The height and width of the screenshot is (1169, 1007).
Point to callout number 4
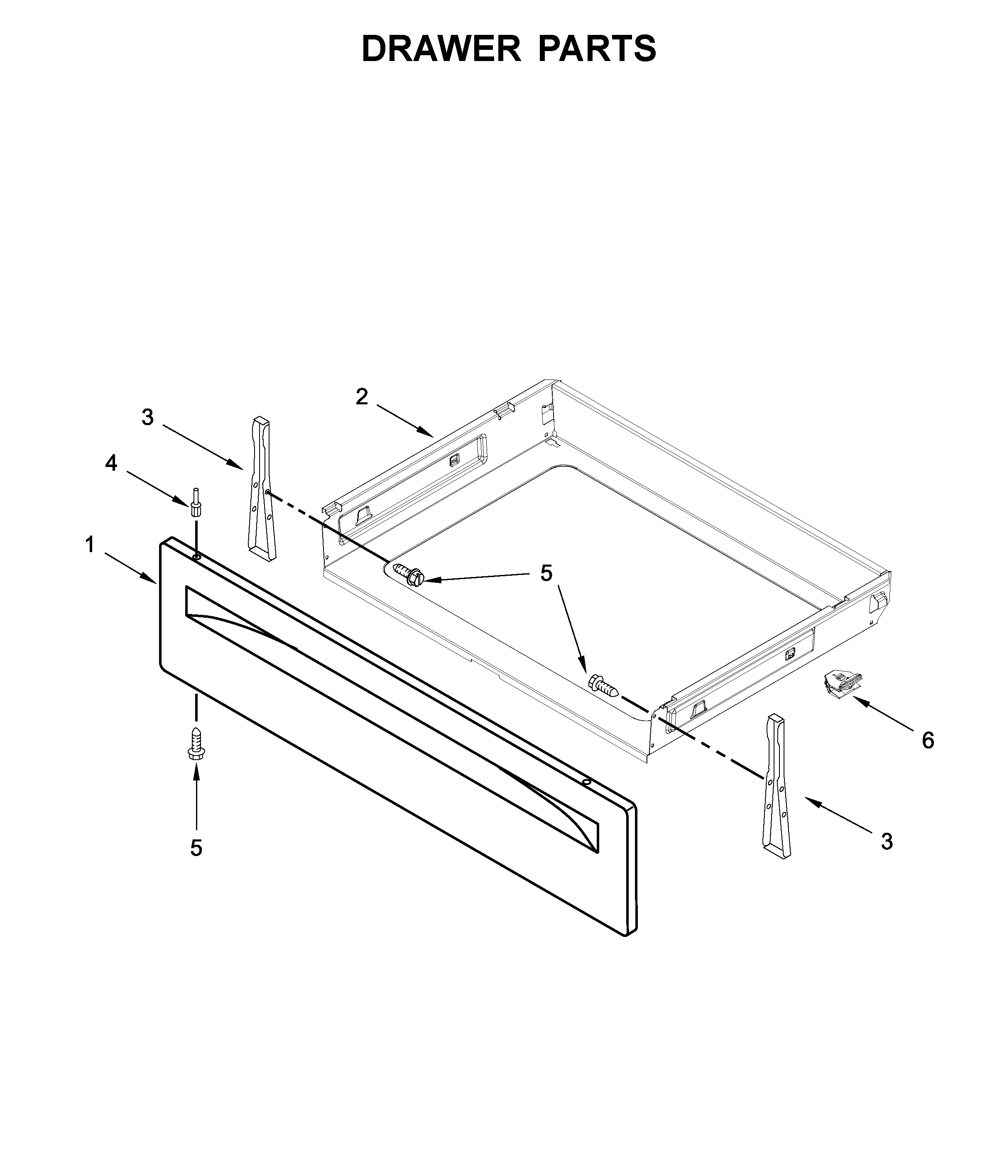pyautogui.click(x=111, y=463)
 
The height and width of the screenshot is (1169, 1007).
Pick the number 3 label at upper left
pyautogui.click(x=147, y=418)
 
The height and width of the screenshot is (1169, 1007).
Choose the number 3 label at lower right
pyautogui.click(x=887, y=858)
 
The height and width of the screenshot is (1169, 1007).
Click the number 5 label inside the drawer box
pyautogui.click(x=546, y=573)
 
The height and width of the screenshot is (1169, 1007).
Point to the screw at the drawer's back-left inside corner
pyautogui.click(x=409, y=575)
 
